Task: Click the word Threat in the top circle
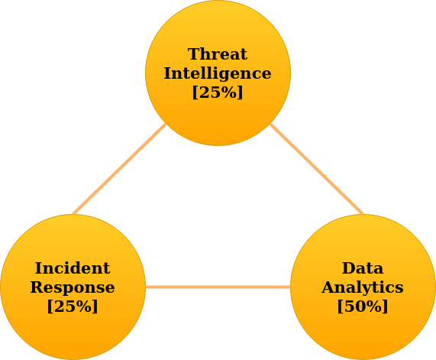[218, 54]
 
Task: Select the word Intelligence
[218, 73]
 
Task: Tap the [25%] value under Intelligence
[218, 92]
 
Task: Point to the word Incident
[73, 268]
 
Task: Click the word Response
[73, 287]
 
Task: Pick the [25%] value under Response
[73, 306]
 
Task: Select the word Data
[363, 268]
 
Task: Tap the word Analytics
[363, 287]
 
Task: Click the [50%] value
[363, 306]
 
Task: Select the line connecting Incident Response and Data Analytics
[218, 287]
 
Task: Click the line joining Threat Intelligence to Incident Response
[119, 169]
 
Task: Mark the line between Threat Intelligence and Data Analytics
[316, 169]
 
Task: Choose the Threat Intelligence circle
[218, 73]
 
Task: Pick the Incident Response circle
[73, 287]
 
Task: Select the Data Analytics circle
[363, 287]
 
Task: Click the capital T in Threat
[194, 54]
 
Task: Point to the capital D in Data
[348, 268]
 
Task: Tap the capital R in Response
[37, 287]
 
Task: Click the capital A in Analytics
[329, 287]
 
